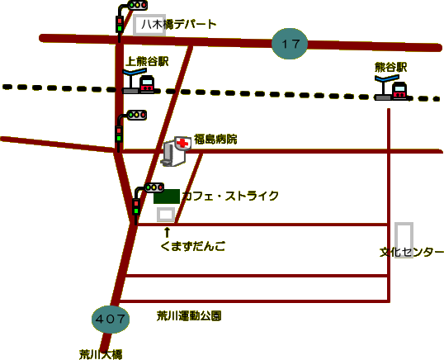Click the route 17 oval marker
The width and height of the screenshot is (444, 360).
290,44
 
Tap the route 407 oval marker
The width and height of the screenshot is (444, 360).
111,320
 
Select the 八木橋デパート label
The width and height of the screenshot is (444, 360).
179,25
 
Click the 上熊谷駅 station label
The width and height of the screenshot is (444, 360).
147,61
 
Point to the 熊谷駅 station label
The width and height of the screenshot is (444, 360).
390,68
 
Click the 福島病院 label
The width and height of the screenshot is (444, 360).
215,140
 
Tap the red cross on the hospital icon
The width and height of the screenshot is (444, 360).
182,143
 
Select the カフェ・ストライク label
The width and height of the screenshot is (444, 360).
230,196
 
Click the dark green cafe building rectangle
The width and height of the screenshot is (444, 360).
167,197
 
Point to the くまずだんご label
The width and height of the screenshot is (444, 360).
193,246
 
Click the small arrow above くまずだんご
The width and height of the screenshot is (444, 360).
167,232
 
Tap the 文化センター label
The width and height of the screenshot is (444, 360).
412,252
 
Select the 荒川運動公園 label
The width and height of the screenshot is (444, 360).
189,315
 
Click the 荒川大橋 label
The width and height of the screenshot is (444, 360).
101,354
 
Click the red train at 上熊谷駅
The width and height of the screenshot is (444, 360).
147,84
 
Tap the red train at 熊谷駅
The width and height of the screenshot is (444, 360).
399,91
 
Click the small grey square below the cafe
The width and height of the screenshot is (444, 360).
166,215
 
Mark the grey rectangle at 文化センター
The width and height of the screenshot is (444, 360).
396,240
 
